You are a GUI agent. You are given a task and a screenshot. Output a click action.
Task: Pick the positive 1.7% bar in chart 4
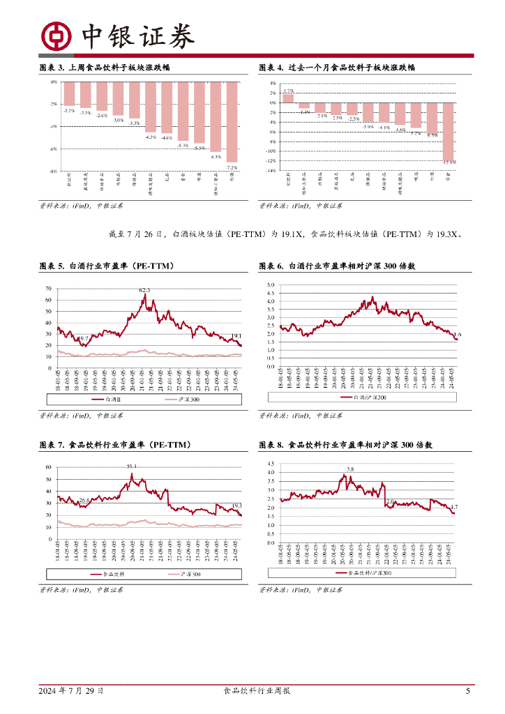point(288,98)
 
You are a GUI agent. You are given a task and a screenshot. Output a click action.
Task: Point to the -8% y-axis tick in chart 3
point(53,171)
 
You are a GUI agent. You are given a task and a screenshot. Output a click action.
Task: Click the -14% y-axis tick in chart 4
point(273,171)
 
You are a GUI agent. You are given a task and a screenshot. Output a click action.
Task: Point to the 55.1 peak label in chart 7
point(131,466)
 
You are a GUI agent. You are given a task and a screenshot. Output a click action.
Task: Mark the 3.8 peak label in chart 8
point(349,469)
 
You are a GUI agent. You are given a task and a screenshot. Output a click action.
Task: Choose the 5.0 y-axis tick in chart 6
point(272,285)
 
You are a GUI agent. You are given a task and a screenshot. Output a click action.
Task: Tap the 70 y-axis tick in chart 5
point(48,288)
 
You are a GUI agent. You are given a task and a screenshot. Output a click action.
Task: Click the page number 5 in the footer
point(468,691)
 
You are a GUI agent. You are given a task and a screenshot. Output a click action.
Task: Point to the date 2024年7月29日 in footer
point(72,691)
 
